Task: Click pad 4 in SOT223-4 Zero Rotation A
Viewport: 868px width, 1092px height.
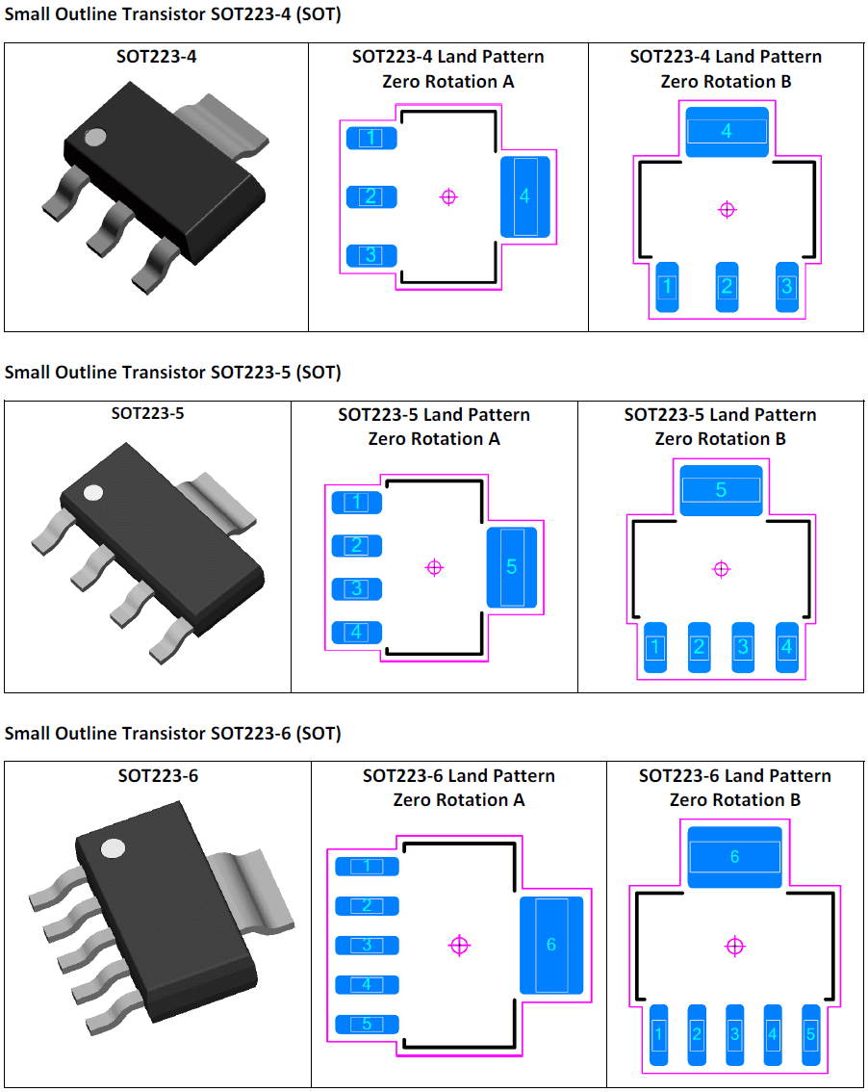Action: (x=524, y=196)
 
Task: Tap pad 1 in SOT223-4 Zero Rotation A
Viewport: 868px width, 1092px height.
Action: (x=370, y=138)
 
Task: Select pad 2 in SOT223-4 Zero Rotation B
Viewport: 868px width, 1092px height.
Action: (x=727, y=287)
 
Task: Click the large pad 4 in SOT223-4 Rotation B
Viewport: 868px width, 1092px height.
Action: (x=727, y=131)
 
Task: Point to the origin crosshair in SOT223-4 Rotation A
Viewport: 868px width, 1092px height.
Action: (x=448, y=196)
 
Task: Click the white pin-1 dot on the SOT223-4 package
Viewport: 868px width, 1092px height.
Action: (x=94, y=137)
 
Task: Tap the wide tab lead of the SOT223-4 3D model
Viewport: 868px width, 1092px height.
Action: (x=233, y=119)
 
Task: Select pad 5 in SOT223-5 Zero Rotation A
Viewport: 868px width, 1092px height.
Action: (x=511, y=567)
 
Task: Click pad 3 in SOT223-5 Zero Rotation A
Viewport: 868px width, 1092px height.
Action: (x=357, y=588)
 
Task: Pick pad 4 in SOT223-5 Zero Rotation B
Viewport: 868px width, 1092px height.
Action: (x=786, y=647)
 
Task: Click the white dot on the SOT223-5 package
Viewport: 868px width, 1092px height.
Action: (x=93, y=493)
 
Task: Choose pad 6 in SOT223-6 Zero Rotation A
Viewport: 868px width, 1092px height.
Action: (x=551, y=945)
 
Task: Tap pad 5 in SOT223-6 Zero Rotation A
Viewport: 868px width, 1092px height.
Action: (x=367, y=1024)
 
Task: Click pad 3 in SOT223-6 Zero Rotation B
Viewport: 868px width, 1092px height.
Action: (x=734, y=1034)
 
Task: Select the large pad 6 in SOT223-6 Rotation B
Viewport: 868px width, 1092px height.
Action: (x=734, y=856)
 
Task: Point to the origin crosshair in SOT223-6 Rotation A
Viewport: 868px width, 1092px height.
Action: (x=460, y=945)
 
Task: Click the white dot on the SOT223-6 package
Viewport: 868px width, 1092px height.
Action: (x=114, y=848)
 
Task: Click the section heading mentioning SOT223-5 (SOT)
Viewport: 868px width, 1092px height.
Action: (x=172, y=372)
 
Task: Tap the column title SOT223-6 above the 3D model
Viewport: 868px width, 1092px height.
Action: (x=158, y=775)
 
